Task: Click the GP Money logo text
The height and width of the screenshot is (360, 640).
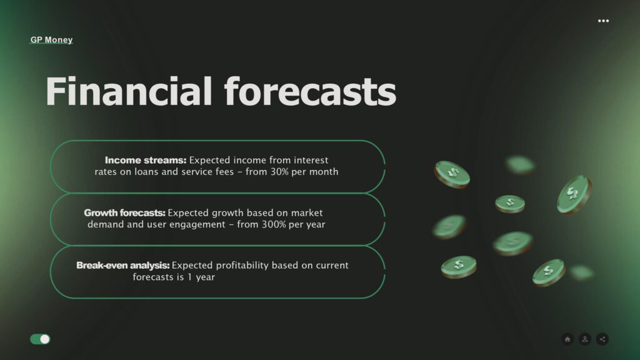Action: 51,39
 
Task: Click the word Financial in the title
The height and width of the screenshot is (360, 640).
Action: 129,91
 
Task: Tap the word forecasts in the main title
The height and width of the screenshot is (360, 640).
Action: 310,91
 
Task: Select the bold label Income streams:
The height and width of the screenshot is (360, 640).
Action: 145,160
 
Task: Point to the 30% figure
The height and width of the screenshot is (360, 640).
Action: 279,171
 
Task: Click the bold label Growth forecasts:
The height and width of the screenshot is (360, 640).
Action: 124,212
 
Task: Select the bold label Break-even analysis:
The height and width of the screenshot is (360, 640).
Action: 123,265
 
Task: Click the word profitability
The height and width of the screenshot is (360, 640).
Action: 242,265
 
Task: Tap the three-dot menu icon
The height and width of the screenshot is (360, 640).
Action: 603,21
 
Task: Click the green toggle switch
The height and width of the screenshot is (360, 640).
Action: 40,339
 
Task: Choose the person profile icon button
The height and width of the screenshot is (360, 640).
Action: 585,339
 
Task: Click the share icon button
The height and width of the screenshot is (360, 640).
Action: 602,339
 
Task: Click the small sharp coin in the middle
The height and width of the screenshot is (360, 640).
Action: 510,204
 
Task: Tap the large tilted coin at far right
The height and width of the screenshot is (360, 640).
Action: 574,194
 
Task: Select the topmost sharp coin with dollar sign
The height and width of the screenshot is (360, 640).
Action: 452,174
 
